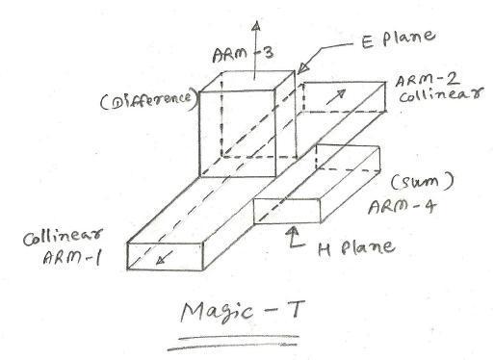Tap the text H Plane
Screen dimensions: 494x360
(x=353, y=247)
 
